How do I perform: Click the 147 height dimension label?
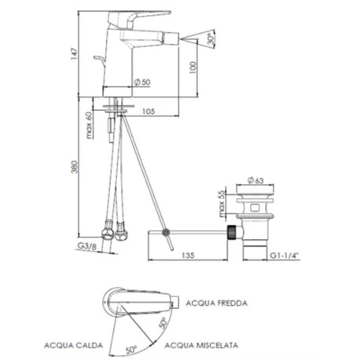point(75,53)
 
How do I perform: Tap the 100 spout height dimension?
point(193,68)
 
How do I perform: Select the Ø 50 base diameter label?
point(142,82)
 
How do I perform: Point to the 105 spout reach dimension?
point(149,112)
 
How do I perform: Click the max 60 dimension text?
point(90,125)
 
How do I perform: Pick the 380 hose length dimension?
point(75,167)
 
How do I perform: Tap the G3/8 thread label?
point(87,246)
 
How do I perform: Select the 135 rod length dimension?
point(188,255)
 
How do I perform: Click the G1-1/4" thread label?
point(285,255)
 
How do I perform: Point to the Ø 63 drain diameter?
point(255,180)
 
